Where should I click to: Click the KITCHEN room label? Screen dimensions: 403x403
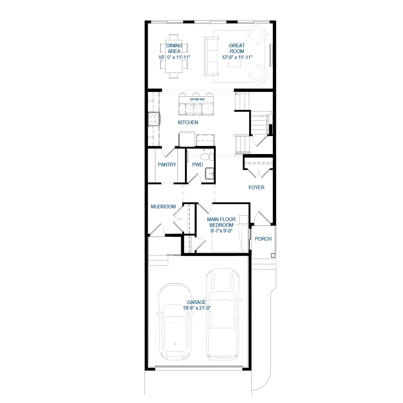pos(188,122)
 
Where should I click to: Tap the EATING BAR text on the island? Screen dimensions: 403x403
pos(197,100)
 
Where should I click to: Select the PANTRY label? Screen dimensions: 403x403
pos(167,165)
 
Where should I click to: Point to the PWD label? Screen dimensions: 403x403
pos(197,165)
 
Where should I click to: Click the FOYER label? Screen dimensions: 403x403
pos(256,188)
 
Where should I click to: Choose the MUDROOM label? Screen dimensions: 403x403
pos(163,207)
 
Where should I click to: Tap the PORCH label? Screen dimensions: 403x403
pos(263,239)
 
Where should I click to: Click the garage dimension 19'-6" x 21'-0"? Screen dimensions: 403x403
pos(197,308)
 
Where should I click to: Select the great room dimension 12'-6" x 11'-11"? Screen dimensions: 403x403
pos(237,57)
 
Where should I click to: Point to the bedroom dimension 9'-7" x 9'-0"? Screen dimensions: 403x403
pos(221,231)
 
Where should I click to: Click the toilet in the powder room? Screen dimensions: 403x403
pos(207,156)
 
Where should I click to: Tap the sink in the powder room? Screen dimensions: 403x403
pos(209,174)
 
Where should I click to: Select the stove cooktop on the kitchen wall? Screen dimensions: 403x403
pos(154,119)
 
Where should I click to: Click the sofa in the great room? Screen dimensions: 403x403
pos(211,56)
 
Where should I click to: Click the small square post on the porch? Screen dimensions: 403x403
pos(273,256)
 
